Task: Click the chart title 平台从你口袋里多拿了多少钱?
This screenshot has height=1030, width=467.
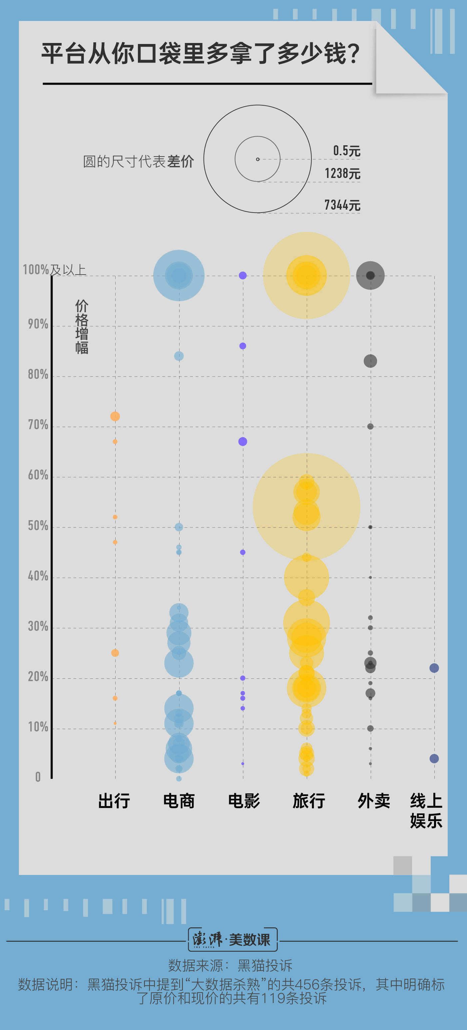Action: (x=201, y=54)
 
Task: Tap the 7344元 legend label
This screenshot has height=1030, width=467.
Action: (x=342, y=205)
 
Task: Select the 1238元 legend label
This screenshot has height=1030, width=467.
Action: (x=342, y=174)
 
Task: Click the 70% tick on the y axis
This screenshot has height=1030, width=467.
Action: (x=38, y=425)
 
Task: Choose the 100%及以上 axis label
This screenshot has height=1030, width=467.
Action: (x=54, y=270)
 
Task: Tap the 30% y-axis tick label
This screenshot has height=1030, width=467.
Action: (x=38, y=626)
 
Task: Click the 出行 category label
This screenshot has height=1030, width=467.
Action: (x=114, y=801)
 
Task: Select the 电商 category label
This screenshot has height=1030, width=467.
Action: (x=179, y=801)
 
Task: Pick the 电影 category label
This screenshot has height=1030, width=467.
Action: (x=244, y=801)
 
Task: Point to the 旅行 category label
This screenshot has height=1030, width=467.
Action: (x=309, y=801)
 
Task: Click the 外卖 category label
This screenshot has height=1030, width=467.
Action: (x=373, y=801)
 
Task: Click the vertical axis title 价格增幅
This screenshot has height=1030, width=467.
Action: (x=82, y=327)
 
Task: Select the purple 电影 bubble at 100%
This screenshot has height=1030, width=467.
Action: (x=243, y=276)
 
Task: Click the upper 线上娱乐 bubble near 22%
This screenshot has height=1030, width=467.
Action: (x=434, y=668)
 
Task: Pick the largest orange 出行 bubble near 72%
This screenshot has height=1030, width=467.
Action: (x=115, y=416)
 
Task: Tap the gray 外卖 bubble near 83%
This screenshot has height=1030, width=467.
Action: (x=370, y=361)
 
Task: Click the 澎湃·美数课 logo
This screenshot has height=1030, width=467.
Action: (x=233, y=940)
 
